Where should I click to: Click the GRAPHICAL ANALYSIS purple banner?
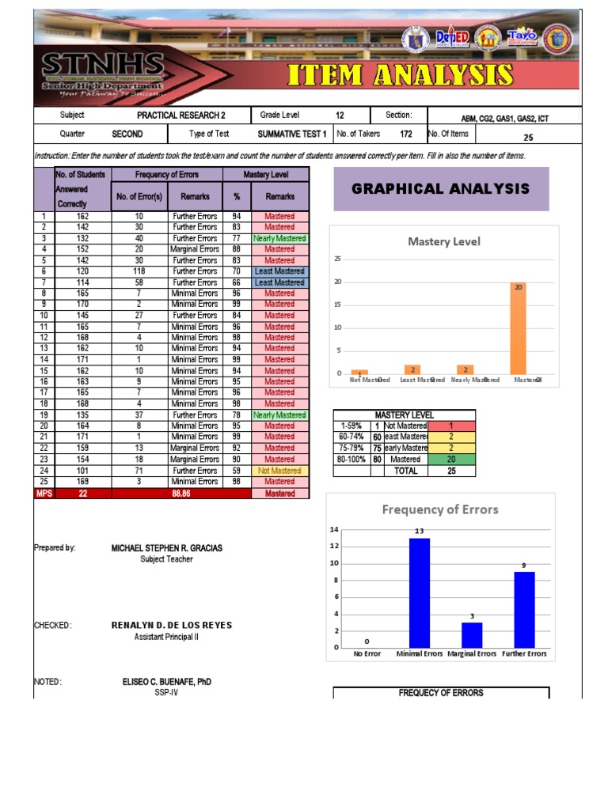[441, 188]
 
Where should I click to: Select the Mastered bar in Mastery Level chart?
[519, 327]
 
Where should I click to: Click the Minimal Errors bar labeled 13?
[419, 592]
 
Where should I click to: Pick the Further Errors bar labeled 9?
[524, 609]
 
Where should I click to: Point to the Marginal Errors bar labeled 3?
[472, 635]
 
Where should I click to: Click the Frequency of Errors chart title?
[440, 509]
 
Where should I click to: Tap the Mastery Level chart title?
[443, 242]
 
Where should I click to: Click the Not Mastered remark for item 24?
[279, 470]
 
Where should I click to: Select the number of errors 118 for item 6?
[139, 271]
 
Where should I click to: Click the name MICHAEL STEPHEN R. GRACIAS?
[166, 547]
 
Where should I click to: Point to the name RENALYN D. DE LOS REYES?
[172, 625]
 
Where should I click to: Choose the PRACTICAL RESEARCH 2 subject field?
[180, 115]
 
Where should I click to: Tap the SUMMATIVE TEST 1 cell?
[292, 134]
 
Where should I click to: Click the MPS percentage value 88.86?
[182, 494]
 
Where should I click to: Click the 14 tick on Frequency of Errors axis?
[334, 529]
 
